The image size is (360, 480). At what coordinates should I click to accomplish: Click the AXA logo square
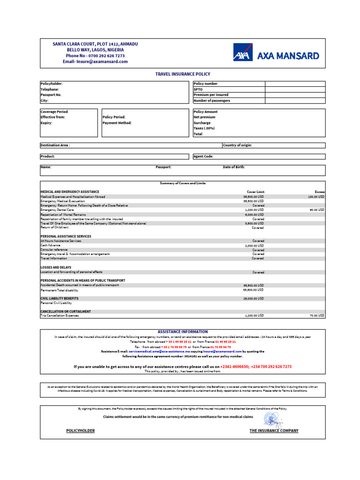coord(242,52)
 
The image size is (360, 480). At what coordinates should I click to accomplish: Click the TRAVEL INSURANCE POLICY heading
coord(183,74)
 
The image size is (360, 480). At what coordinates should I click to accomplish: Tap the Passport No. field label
coord(51,95)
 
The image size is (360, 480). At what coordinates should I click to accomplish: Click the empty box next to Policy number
coord(295,83)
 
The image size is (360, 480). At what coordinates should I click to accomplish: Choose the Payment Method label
coord(117,123)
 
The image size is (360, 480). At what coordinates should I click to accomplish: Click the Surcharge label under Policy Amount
coord(202,123)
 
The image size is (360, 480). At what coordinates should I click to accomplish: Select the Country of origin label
coord(237,145)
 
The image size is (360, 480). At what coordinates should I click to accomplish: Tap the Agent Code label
coord(203,156)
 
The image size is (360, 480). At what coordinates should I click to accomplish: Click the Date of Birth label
coord(233,167)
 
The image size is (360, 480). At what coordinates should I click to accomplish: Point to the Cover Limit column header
coord(255,192)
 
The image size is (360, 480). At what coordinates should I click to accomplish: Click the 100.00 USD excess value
coord(315,197)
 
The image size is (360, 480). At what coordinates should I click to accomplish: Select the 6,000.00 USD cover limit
coord(254,214)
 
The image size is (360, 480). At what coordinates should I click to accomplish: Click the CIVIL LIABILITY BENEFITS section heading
coord(60,298)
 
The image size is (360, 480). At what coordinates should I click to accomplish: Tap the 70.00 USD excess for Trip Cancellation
coord(316,316)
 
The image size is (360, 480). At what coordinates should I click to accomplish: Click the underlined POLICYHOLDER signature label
coord(81,430)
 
